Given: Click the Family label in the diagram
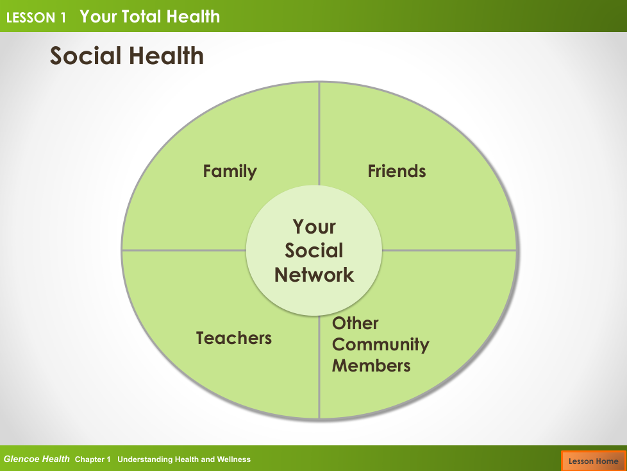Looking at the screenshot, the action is [x=230, y=172].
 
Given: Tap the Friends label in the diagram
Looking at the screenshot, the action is [x=397, y=171].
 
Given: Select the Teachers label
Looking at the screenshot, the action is [x=233, y=338].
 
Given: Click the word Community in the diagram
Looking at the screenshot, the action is [x=380, y=345].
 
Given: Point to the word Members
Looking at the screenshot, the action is [x=371, y=366].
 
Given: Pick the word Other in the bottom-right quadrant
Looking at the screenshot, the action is [x=355, y=323].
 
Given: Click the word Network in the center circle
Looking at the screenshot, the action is [x=314, y=275].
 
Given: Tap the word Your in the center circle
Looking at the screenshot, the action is [x=314, y=227].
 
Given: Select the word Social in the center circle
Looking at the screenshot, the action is [x=314, y=250].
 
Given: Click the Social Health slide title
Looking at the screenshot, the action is [x=127, y=55].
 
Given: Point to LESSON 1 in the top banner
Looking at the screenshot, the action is [x=36, y=17].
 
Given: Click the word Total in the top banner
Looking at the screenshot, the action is [x=142, y=17].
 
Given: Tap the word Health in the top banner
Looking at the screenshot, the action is [x=193, y=17].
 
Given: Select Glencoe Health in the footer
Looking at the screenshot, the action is [x=37, y=459].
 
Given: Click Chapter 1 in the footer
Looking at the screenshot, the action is [x=92, y=459].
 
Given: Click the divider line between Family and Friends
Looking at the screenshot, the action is [x=319, y=133].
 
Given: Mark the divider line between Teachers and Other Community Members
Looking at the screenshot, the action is [x=319, y=367].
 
